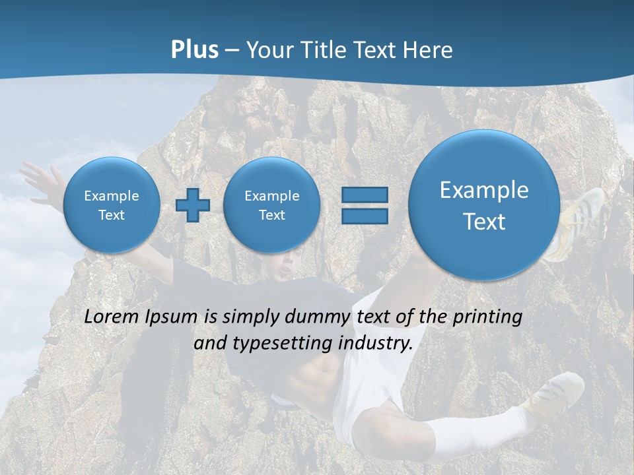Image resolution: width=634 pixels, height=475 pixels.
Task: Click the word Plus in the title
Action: tap(194, 50)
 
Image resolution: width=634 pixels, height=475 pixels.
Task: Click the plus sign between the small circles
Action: tap(193, 205)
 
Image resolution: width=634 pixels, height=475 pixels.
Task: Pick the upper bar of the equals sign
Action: tap(364, 195)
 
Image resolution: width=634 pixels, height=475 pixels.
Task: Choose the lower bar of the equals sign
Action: tap(364, 216)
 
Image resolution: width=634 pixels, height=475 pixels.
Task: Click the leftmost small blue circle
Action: tap(112, 205)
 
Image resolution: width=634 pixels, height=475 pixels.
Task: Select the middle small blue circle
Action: tap(271, 205)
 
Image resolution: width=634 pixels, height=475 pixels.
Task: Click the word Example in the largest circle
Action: tap(484, 190)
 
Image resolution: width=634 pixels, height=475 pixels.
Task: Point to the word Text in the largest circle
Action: tap(484, 222)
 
